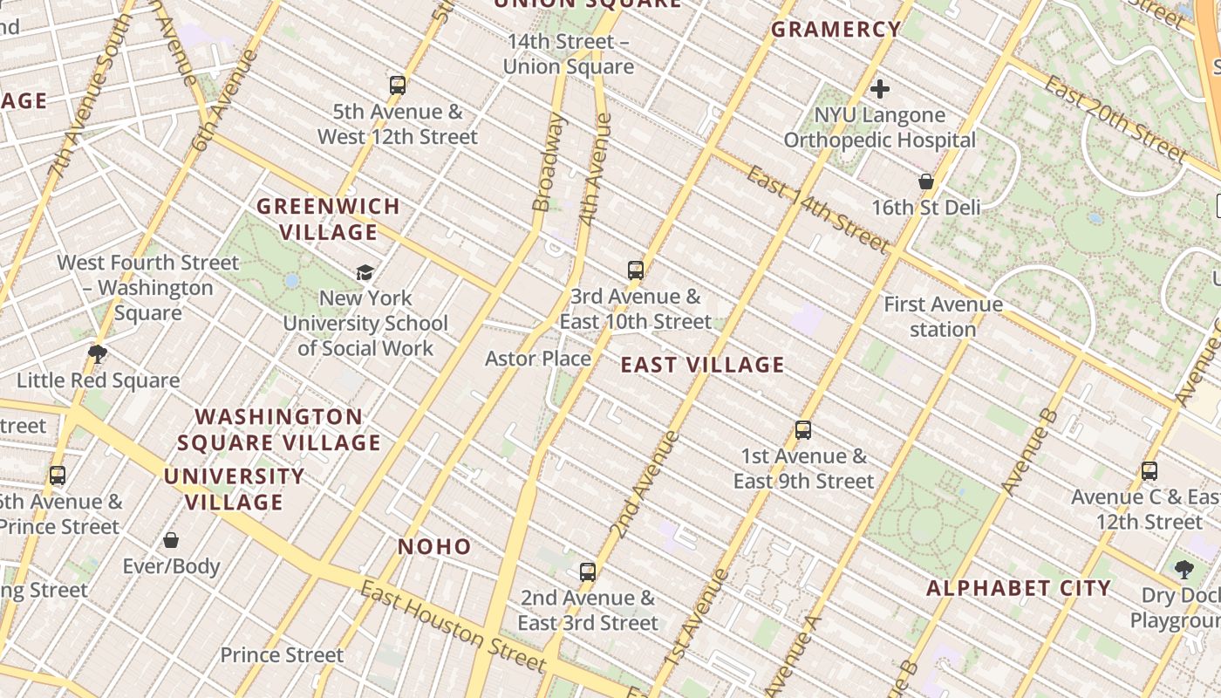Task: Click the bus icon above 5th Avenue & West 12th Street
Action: (x=398, y=85)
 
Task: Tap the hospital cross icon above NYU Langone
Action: (x=880, y=88)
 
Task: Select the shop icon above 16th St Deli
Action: (x=926, y=181)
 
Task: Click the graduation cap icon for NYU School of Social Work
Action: (x=365, y=273)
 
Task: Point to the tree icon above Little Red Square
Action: (x=98, y=353)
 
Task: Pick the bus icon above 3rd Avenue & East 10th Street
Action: (x=636, y=270)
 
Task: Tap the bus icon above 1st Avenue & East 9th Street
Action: (x=803, y=430)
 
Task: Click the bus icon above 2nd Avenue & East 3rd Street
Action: (x=588, y=572)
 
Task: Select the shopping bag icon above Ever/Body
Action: (x=171, y=540)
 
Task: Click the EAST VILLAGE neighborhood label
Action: (x=702, y=365)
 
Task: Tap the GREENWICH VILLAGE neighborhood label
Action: (x=329, y=219)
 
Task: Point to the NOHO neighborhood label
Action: (x=434, y=547)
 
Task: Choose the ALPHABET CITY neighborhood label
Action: (x=1018, y=588)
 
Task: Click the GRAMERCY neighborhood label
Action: (x=836, y=30)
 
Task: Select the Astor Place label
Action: (x=538, y=359)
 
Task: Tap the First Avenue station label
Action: (x=943, y=317)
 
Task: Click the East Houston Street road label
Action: (x=453, y=626)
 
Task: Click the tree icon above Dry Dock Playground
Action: (x=1183, y=570)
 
